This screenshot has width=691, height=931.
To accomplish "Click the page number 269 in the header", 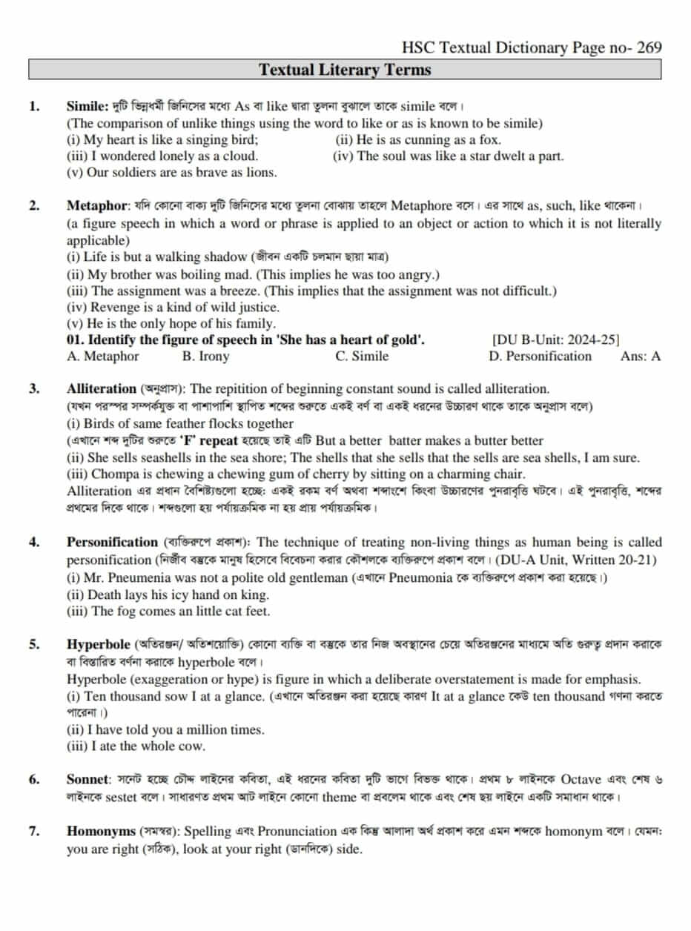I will point(647,48).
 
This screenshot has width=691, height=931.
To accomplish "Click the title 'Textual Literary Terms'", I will point(345,70).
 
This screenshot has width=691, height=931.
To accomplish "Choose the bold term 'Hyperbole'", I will point(96,643).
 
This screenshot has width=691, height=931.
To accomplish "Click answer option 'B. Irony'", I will point(205,357).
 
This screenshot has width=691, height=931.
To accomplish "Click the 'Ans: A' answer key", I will point(641,357).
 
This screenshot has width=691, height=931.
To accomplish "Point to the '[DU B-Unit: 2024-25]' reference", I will point(555,340).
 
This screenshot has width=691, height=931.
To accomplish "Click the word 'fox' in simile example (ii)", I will point(489,139).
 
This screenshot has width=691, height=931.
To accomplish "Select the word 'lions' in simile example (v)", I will point(260,173).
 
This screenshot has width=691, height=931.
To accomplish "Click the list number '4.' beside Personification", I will point(35,542).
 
